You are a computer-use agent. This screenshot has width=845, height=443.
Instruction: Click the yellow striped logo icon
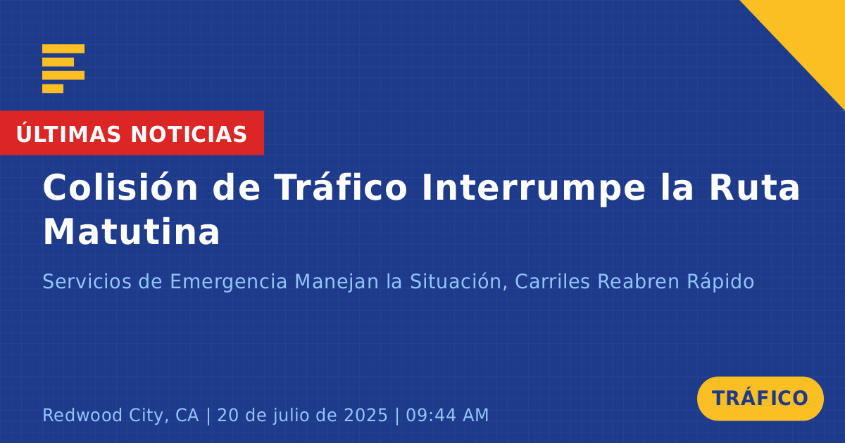coord(63,69)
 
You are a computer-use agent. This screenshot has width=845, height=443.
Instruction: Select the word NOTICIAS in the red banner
coord(189,134)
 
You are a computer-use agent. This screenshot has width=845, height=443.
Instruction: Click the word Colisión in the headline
coord(120,187)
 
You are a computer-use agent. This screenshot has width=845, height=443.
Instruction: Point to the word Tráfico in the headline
coord(341,186)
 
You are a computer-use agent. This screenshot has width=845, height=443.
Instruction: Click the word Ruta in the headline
coord(754,187)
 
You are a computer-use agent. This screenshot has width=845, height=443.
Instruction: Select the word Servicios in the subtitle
coord(87,281)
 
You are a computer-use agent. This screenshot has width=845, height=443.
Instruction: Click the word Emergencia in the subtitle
coord(229,282)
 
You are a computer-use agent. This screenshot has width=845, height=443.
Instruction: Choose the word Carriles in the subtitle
coord(552,281)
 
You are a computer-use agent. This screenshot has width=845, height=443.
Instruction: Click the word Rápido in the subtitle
coord(720,282)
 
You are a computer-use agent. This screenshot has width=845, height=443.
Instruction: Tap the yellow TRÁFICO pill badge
coord(760,399)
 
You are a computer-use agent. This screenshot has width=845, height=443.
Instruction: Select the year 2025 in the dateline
coord(365,415)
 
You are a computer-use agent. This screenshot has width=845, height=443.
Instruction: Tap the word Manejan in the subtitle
coord(337,282)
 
